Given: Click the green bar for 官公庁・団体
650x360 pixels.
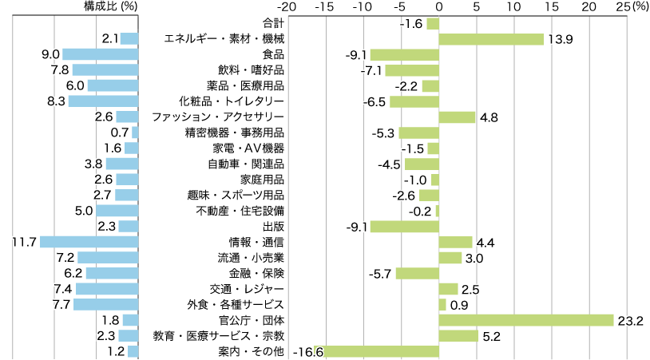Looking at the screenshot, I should click(x=526, y=320).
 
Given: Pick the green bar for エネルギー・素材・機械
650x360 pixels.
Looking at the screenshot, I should click(x=491, y=39).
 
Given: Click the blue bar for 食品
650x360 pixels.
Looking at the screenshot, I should click(x=101, y=54).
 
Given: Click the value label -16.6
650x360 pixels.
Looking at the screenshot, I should click(x=307, y=351).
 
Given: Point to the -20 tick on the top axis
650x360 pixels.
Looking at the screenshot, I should click(x=288, y=6).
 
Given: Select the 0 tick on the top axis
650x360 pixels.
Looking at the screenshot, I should click(x=438, y=6).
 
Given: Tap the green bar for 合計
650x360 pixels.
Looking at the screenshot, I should click(x=433, y=23).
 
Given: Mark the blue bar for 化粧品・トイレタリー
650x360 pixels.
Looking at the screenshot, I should click(x=103, y=101).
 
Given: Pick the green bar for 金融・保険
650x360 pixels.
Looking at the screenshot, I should click(x=417, y=273).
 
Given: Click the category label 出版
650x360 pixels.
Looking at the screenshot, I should click(x=273, y=226).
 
